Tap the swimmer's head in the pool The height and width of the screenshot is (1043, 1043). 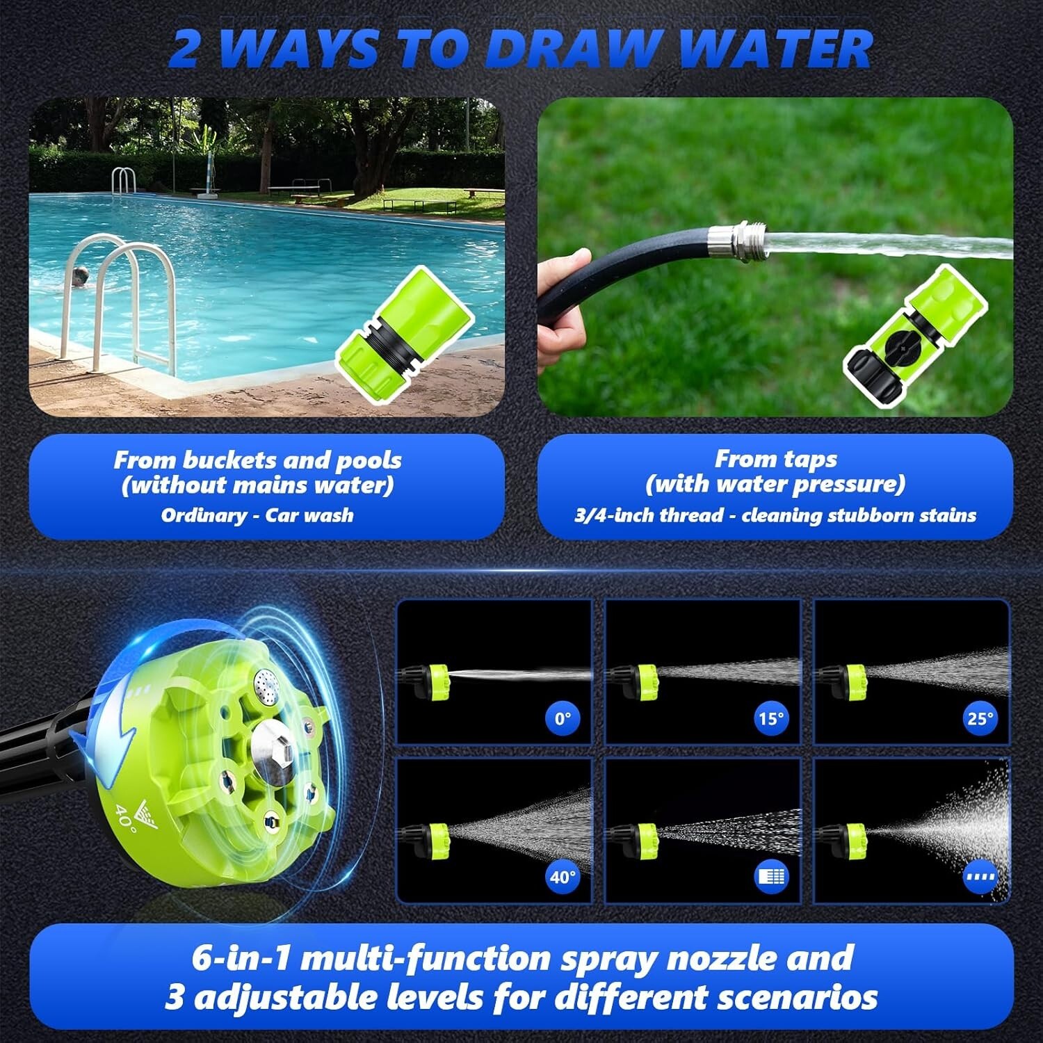tap(81, 275)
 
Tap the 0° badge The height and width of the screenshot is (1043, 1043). tap(563, 718)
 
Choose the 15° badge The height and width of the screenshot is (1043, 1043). tap(771, 718)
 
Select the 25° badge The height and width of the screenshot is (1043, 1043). tap(980, 718)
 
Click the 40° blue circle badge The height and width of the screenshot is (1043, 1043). tap(563, 877)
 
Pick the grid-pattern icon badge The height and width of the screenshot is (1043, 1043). tap(771, 877)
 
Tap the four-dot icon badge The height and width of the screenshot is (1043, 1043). tap(980, 877)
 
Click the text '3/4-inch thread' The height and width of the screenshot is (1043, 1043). tap(649, 515)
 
